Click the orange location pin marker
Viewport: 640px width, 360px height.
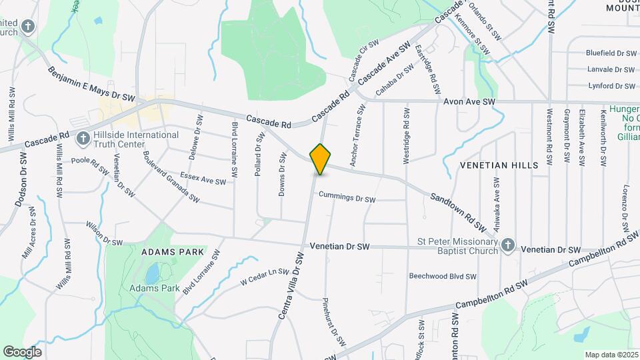[321, 159]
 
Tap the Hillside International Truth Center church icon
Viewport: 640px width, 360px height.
[83, 139]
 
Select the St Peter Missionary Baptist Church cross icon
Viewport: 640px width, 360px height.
[507, 245]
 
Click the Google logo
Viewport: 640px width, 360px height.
[22, 352]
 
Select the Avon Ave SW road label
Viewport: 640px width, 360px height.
[469, 101]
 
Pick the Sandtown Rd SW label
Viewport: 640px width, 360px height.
[456, 208]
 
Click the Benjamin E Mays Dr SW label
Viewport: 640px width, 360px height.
[91, 84]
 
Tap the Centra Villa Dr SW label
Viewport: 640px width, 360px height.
[291, 285]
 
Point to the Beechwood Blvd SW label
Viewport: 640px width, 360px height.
[443, 276]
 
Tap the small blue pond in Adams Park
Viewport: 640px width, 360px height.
[153, 273]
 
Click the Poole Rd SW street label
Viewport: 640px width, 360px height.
[90, 165]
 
